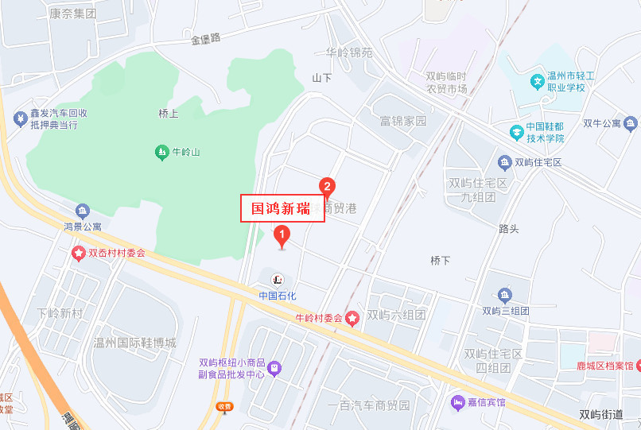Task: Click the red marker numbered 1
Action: coord(281,235)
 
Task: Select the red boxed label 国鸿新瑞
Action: coord(282,208)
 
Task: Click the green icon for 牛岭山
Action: coord(162,151)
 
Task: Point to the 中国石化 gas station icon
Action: coord(278,279)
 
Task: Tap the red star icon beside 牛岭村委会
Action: coord(352,318)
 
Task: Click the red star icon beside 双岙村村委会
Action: coord(79,254)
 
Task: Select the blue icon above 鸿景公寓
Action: coord(83,211)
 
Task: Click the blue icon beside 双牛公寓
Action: coord(631,123)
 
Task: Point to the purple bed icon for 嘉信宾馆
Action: coord(458,402)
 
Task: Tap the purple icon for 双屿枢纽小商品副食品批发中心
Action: coord(274,367)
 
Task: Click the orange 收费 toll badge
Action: coord(225,406)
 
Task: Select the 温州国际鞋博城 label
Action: coord(134,343)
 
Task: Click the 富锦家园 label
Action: coord(403,122)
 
